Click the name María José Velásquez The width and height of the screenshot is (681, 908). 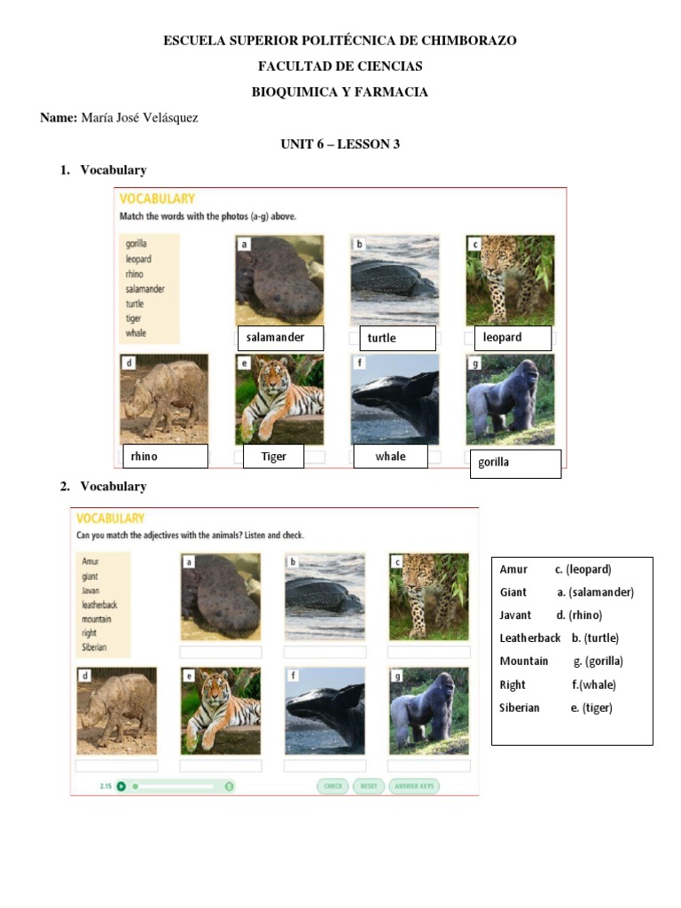pyautogui.click(x=139, y=118)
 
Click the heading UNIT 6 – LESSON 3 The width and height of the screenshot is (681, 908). pyautogui.click(x=340, y=144)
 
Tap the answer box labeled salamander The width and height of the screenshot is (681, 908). pyautogui.click(x=280, y=338)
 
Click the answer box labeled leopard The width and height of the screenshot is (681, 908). pyautogui.click(x=513, y=338)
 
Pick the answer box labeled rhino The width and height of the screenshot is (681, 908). pyautogui.click(x=164, y=457)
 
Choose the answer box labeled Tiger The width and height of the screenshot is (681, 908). pyautogui.click(x=274, y=457)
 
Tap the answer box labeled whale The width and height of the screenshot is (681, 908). pyautogui.click(x=390, y=457)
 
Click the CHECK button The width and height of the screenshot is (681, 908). pyautogui.click(x=333, y=786)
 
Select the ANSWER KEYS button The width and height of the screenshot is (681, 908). pyautogui.click(x=414, y=786)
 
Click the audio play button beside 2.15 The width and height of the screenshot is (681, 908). pyautogui.click(x=121, y=786)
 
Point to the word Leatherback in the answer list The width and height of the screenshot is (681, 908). pyautogui.click(x=530, y=638)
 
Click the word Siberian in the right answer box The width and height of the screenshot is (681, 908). pyautogui.click(x=520, y=708)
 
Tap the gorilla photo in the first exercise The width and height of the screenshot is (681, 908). pyautogui.click(x=510, y=399)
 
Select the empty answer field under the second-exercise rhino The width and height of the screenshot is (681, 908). pyautogui.click(x=117, y=765)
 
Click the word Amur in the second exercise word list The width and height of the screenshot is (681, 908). pyautogui.click(x=90, y=561)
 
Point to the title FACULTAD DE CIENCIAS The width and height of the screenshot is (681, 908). pyautogui.click(x=340, y=67)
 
